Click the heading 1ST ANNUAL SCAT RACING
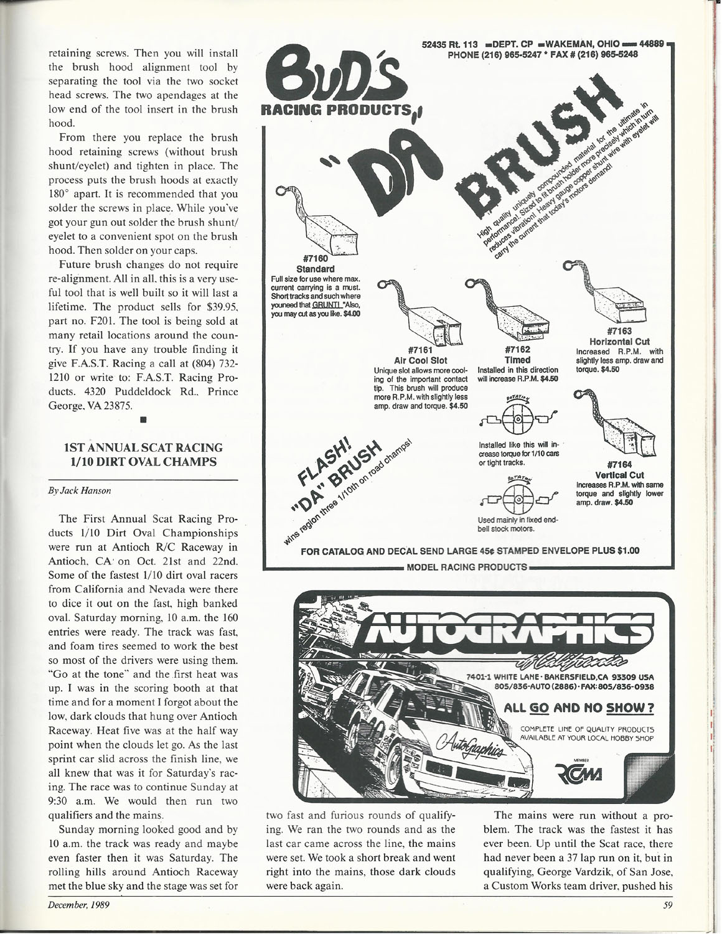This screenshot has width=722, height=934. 143,447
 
